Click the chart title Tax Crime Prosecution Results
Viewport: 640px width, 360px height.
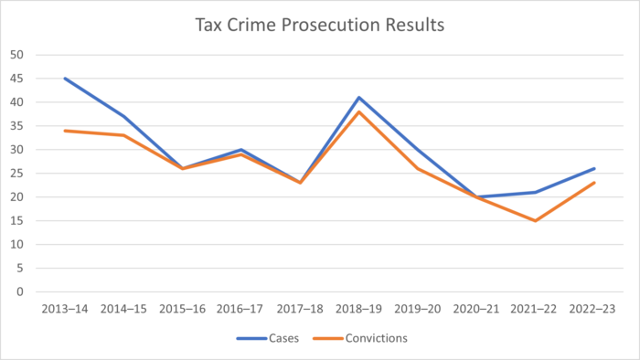[x=320, y=25]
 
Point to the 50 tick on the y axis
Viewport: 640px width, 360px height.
[x=17, y=55]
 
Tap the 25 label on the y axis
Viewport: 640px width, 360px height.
[x=17, y=174]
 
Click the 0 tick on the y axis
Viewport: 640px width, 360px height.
[x=20, y=292]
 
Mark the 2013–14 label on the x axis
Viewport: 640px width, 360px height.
[x=65, y=310]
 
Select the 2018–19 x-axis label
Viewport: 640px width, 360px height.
[x=359, y=310]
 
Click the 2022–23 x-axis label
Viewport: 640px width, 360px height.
[x=594, y=310]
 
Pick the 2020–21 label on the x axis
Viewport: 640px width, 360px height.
[x=476, y=310]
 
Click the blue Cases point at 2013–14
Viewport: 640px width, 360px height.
[x=65, y=79]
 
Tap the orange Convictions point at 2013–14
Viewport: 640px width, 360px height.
[x=65, y=131]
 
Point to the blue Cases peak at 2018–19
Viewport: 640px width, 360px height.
[x=359, y=97]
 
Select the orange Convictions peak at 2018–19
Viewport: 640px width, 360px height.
[x=359, y=111]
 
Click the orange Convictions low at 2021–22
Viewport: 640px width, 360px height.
[x=536, y=220]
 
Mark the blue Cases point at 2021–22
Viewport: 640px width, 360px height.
[x=536, y=192]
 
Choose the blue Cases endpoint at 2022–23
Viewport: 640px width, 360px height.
[x=594, y=168]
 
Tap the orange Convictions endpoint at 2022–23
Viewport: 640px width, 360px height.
[x=594, y=183]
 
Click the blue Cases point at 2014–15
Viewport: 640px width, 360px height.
[x=123, y=116]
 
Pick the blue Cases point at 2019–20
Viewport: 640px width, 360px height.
[x=418, y=149]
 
